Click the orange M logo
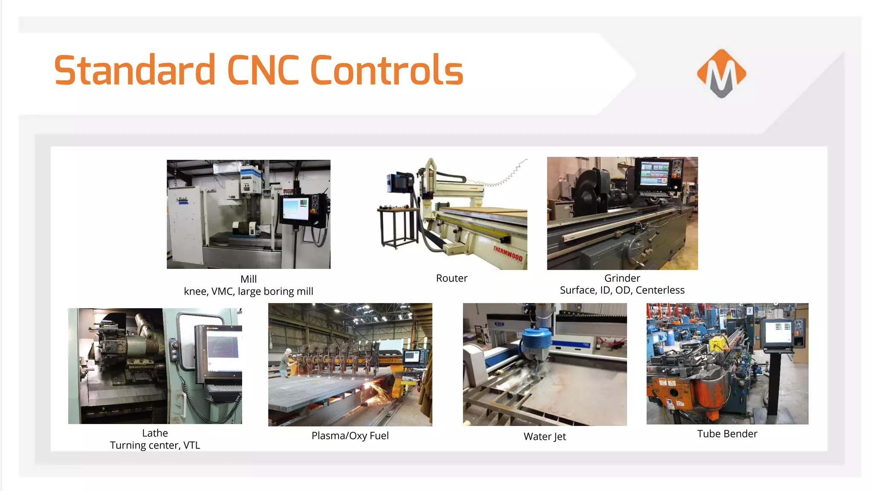click(721, 73)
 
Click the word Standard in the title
click(135, 70)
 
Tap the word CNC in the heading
click(263, 70)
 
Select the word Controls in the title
click(387, 70)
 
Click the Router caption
click(451, 278)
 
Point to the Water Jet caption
click(544, 436)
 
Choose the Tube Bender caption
click(727, 434)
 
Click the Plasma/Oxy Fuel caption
click(350, 436)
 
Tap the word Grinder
click(622, 278)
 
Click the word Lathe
click(155, 433)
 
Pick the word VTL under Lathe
click(191, 445)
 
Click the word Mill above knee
click(249, 279)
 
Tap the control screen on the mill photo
click(295, 209)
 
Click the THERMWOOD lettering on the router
click(508, 253)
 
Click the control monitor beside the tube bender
click(778, 333)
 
